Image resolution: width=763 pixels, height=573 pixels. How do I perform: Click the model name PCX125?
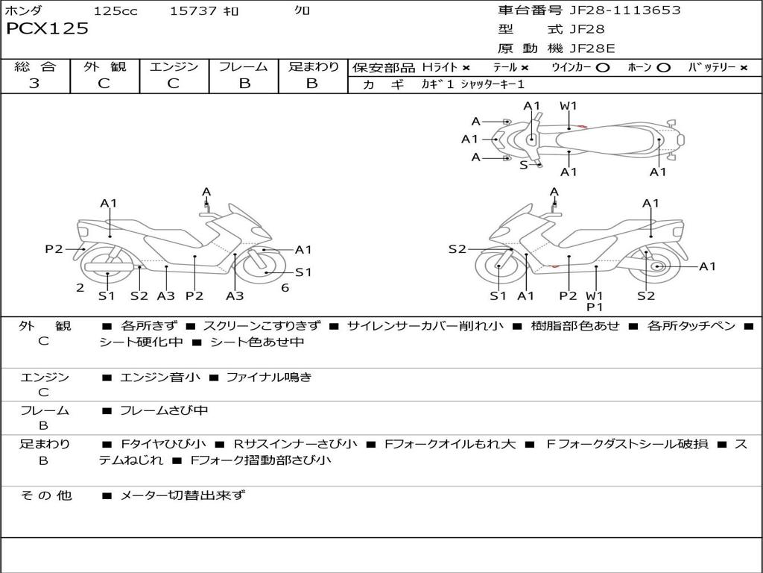pos(47,29)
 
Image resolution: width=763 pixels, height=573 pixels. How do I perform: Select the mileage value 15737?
pos(193,10)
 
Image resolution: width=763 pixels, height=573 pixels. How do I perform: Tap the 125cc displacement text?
pos(110,10)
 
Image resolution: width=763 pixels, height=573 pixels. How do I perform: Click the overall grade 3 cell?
pos(34,84)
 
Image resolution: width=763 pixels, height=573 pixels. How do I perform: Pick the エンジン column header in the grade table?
pos(174,66)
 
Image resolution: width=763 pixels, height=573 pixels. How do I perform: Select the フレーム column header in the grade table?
pos(244,66)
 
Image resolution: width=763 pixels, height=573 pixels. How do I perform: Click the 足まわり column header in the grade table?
pos(313,66)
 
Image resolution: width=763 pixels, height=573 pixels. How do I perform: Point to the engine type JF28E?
pos(592,49)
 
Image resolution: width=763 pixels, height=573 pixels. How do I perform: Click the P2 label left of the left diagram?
pos(54,249)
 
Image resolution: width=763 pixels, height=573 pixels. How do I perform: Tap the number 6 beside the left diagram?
pos(285,288)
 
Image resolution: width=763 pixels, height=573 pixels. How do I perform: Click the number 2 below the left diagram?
pos(80,288)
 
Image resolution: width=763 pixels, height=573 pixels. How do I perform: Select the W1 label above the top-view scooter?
pos(569,106)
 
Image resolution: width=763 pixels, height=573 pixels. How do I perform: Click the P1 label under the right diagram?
pos(595,307)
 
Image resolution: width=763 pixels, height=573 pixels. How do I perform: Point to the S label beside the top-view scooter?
pos(523,165)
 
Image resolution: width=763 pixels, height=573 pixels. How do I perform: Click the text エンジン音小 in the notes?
pos(160,378)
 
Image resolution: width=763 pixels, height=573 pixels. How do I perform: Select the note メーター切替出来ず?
pos(183,495)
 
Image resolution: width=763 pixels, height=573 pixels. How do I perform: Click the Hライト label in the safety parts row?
pos(440,67)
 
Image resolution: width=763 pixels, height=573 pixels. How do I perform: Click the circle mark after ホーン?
pos(663,67)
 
